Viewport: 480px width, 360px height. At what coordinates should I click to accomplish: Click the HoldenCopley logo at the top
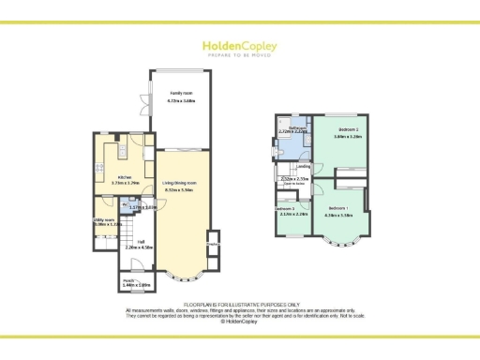(x=239, y=44)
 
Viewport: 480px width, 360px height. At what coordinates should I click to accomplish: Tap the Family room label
(x=181, y=94)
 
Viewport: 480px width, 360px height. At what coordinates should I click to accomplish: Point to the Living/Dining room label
(x=178, y=182)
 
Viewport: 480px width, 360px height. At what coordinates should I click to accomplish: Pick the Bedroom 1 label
(x=337, y=208)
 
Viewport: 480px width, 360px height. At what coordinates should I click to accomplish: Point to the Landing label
(x=304, y=166)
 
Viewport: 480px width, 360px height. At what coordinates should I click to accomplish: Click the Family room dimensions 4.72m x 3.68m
(x=181, y=100)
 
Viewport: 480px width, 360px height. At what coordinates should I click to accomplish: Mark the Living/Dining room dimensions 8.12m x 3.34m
(x=178, y=188)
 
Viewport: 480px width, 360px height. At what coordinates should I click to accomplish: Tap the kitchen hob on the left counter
(x=98, y=168)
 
